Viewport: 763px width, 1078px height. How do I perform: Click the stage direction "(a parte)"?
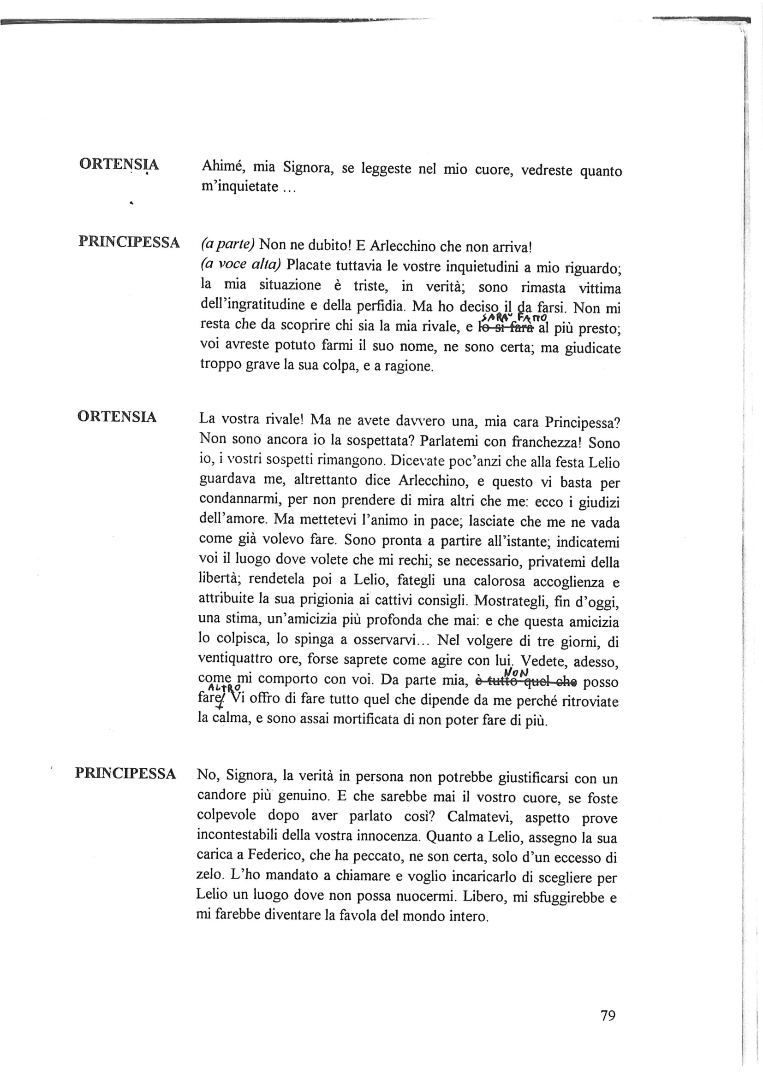pos(227,244)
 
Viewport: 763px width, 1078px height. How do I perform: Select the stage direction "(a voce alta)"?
pos(240,265)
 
